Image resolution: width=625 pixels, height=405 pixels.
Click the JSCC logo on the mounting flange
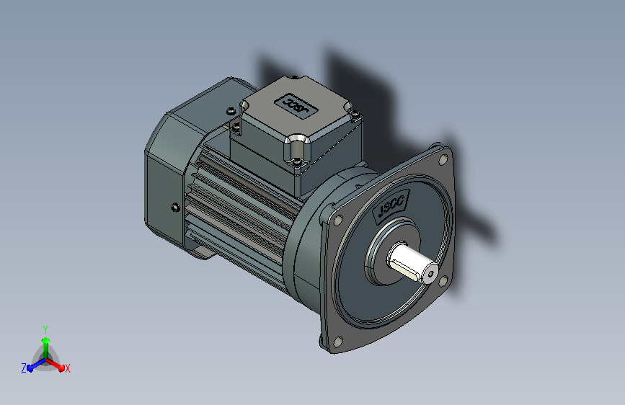click(391, 205)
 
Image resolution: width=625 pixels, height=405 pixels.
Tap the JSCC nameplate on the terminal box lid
click(296, 106)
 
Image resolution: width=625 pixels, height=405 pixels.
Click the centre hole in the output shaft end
click(430, 274)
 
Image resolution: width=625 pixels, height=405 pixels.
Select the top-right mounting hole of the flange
click(443, 160)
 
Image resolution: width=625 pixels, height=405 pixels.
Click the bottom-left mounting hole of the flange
click(337, 342)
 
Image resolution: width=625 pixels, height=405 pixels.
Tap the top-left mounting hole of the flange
click(337, 221)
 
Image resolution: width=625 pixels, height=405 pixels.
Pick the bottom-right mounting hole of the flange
click(443, 282)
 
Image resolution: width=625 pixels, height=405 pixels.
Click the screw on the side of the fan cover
click(175, 208)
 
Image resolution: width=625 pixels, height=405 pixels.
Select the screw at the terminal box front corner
click(296, 162)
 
